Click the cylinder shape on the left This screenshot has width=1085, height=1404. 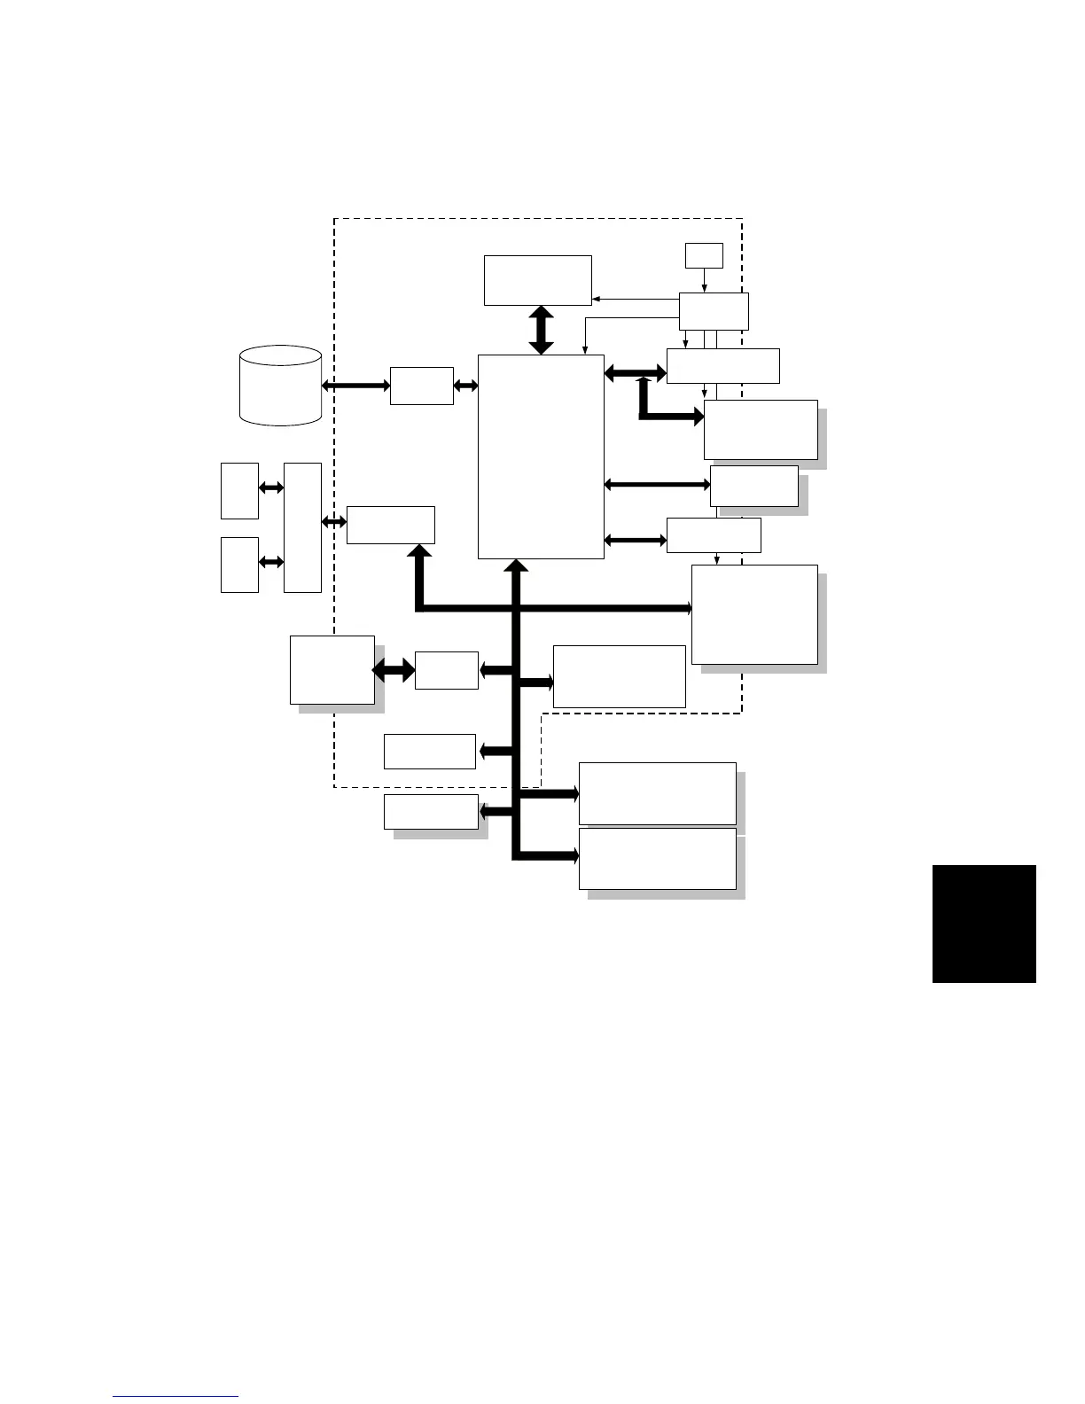[x=280, y=386]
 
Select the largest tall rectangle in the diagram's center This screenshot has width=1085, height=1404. [x=541, y=456]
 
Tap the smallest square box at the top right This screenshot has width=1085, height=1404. [x=704, y=255]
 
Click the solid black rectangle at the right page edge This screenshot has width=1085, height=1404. [x=984, y=924]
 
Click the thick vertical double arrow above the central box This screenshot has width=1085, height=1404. [x=541, y=331]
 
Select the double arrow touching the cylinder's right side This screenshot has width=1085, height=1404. [x=355, y=386]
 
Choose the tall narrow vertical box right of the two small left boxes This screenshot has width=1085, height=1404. [x=302, y=526]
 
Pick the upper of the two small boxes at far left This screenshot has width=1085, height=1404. [x=239, y=490]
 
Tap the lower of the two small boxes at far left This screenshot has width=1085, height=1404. [x=239, y=565]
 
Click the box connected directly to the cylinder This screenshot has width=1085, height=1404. [x=421, y=386]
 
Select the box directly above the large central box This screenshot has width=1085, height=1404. [x=537, y=280]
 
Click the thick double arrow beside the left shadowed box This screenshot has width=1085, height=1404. [x=394, y=670]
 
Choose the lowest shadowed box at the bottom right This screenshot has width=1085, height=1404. [x=657, y=858]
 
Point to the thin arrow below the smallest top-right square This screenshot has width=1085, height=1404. [x=704, y=280]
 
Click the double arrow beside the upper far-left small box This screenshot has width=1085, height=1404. [x=271, y=487]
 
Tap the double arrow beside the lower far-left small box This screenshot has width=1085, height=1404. [x=271, y=562]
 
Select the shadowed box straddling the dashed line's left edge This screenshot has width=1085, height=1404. [x=332, y=670]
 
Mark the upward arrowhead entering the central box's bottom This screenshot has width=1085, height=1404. [x=517, y=565]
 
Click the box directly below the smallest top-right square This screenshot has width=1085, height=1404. [x=714, y=311]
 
